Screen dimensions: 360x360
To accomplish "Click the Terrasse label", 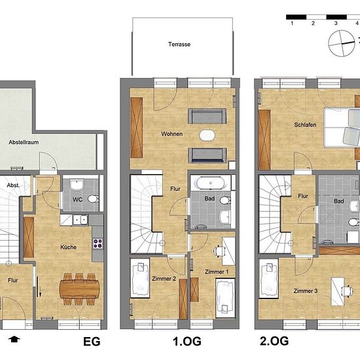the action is point(179,45).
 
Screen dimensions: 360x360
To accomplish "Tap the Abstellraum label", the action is point(24,142).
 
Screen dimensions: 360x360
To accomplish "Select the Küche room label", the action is point(69,247).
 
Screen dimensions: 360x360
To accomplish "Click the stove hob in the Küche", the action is point(98,244).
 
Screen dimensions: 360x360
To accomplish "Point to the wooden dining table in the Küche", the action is point(79,289).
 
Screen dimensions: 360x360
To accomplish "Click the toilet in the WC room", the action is point(93,199).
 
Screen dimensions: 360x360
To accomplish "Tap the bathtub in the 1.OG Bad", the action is point(210,183).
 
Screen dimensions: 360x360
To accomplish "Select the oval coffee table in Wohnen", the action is point(207,135).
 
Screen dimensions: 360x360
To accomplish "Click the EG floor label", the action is point(92,342).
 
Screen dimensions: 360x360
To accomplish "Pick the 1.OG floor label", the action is point(187,342).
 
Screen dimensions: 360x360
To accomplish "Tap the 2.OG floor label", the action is point(274,341).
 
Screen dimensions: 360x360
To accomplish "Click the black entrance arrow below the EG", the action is point(14,339).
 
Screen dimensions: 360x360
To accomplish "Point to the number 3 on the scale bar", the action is point(336,23).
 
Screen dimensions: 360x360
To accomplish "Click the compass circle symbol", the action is point(342,43).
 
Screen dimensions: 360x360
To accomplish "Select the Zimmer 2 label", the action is point(164,279).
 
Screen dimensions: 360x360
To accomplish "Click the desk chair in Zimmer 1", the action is point(219,251).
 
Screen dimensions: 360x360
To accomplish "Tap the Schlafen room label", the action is point(305,125).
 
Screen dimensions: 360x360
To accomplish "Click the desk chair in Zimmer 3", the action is point(347,291).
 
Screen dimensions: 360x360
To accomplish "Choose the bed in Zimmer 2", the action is point(140,278).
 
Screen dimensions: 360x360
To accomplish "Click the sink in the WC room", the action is point(77,185).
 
